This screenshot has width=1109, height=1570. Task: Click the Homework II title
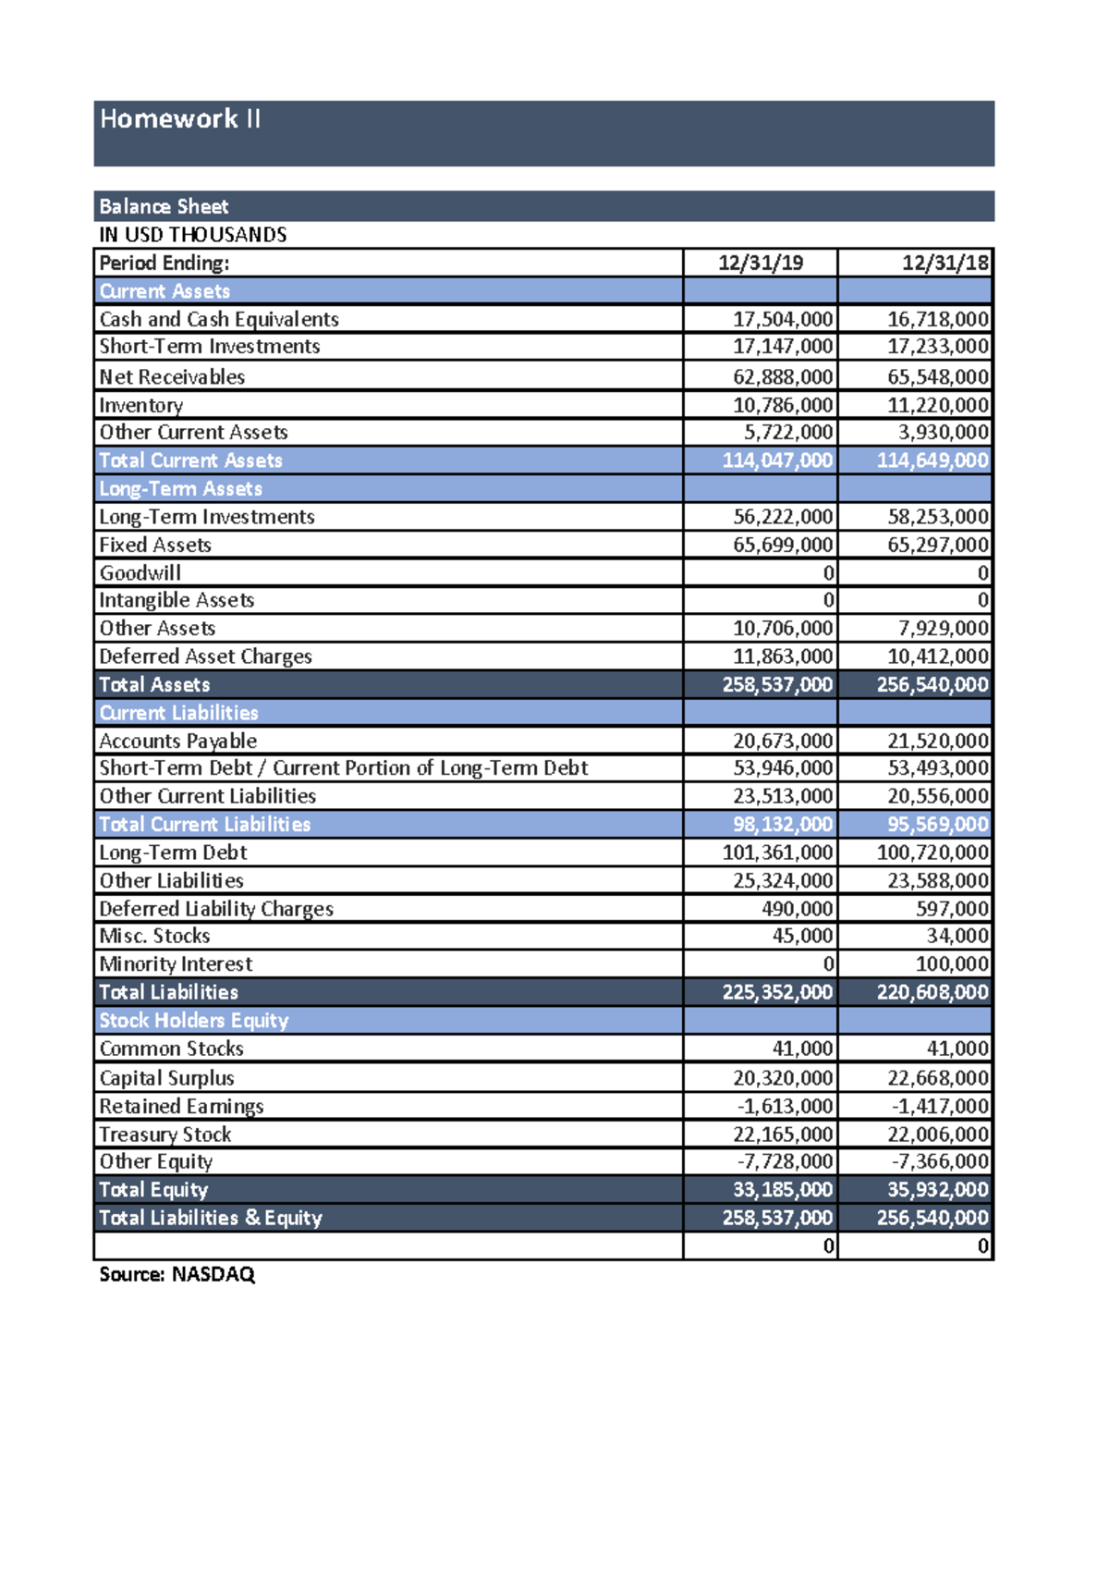click(x=180, y=119)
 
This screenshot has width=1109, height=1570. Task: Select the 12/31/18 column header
click(x=944, y=264)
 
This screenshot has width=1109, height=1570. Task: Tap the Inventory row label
click(x=141, y=405)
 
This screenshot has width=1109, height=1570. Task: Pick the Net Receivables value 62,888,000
click(x=782, y=377)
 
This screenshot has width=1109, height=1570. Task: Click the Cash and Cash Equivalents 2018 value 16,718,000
click(x=937, y=320)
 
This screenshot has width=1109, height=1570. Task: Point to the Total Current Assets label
click(x=190, y=460)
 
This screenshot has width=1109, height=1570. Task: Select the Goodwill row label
click(x=140, y=573)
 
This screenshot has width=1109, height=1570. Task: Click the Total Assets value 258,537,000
click(x=776, y=685)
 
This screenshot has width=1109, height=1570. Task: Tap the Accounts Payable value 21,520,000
click(x=937, y=742)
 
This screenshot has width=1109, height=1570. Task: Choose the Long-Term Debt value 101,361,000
click(x=776, y=852)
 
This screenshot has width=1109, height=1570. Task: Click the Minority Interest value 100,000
click(x=951, y=964)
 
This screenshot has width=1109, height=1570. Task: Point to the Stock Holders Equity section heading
click(x=194, y=1021)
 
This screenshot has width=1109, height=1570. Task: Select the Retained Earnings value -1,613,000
click(x=785, y=1107)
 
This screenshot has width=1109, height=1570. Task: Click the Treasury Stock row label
click(x=165, y=1135)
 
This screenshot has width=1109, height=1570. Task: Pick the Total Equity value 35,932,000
click(x=937, y=1190)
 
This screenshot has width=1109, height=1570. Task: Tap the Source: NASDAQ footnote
click(x=177, y=1275)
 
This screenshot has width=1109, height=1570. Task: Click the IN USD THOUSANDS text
click(x=193, y=235)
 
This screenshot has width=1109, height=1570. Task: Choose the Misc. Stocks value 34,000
click(x=957, y=937)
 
